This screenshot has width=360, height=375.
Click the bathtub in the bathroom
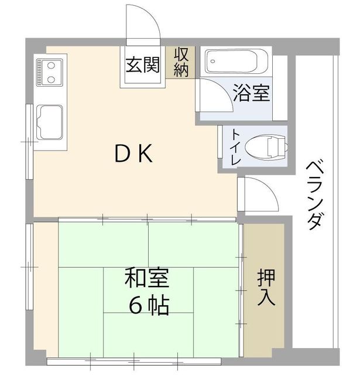(236, 60)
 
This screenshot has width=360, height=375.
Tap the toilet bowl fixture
(266, 146)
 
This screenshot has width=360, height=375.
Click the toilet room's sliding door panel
(221, 146)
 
